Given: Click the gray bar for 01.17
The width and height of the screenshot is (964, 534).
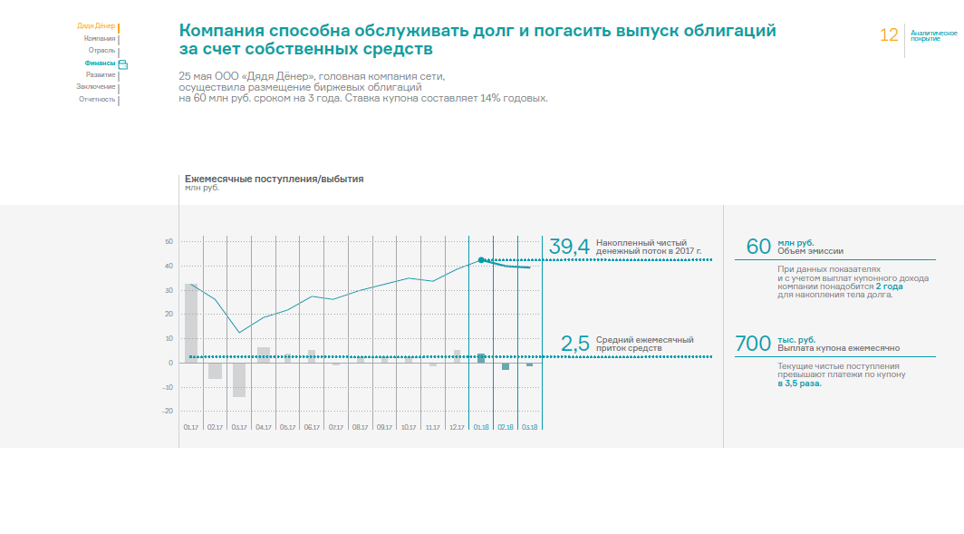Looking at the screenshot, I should [191, 323].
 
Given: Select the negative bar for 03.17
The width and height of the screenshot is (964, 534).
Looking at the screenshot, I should [239, 379].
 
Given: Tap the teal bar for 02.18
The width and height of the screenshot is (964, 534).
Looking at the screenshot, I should [506, 366].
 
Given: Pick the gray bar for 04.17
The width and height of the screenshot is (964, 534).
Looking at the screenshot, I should [264, 354].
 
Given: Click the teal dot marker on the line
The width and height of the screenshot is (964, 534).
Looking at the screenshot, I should [481, 259].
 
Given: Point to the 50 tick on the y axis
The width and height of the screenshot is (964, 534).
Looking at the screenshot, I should [169, 242].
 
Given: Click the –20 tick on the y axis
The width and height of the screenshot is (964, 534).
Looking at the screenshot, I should [167, 411].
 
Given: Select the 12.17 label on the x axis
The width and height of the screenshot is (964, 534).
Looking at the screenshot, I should [457, 426].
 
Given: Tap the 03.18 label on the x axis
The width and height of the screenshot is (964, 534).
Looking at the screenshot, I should [530, 426].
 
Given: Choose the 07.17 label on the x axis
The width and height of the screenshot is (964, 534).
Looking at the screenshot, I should [336, 426].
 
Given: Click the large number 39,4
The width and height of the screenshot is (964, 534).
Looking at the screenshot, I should [569, 246].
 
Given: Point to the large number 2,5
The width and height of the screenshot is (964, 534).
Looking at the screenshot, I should [575, 344].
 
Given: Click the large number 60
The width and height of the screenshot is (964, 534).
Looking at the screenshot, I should [757, 246].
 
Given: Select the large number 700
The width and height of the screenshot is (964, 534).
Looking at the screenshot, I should [752, 344].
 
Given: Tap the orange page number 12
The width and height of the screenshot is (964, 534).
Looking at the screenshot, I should [889, 35].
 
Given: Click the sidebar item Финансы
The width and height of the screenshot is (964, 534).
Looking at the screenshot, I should [100, 63].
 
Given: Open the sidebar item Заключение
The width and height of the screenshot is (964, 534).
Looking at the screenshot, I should [96, 86].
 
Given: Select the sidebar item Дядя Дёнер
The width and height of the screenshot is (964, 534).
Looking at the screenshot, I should [95, 26].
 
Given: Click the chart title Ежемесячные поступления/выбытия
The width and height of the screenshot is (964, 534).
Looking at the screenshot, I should [274, 179].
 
